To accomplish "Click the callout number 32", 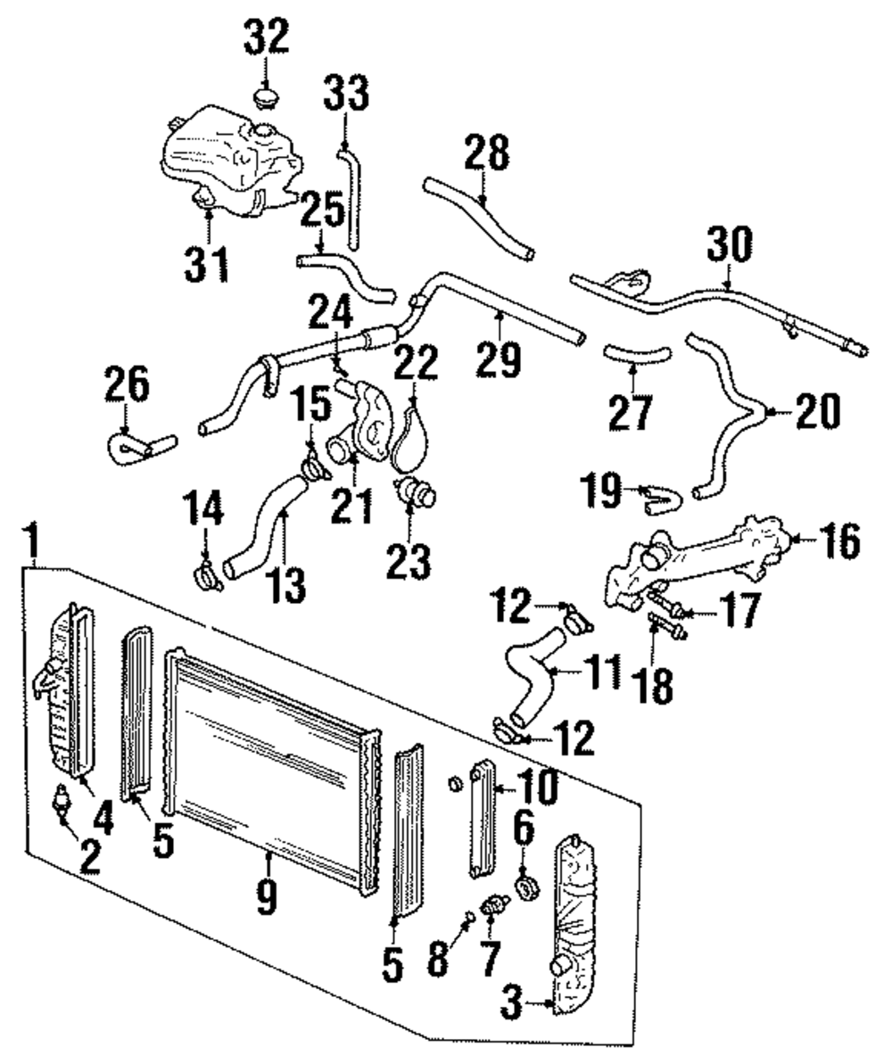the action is pyautogui.click(x=267, y=37).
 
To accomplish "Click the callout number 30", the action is pyautogui.click(x=729, y=243).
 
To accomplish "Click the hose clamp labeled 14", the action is pyautogui.click(x=206, y=577).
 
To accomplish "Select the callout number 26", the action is pyautogui.click(x=127, y=384).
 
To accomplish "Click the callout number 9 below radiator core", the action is pyautogui.click(x=267, y=897).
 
